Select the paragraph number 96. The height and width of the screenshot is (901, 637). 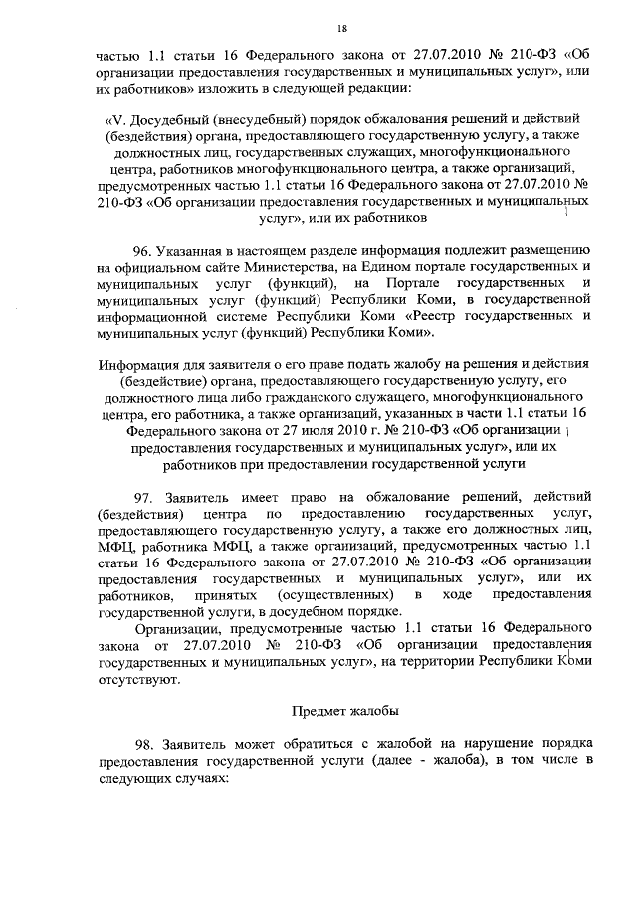(145, 250)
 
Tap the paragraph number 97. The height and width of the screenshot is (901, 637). (145, 495)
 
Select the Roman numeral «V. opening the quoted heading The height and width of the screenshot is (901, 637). (116, 120)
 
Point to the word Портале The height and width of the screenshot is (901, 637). (404, 284)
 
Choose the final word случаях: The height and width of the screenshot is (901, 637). (197, 781)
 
